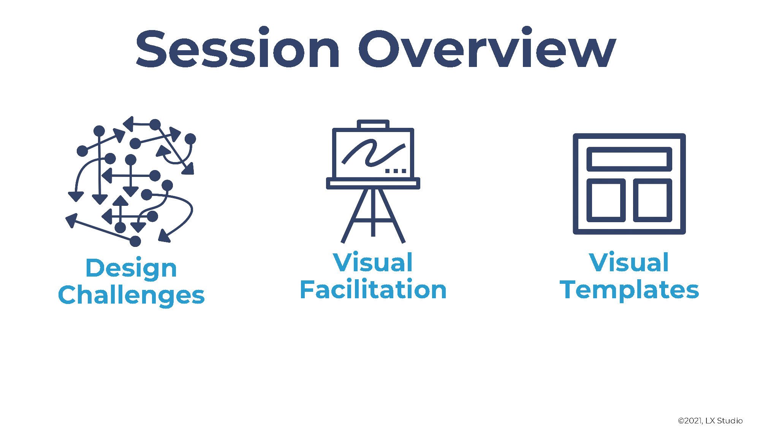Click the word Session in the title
[238, 48]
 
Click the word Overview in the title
[487, 48]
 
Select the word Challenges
[131, 295]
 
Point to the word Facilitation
[373, 290]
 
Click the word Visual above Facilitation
[373, 262]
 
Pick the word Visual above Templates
[629, 262]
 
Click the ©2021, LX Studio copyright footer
[710, 420]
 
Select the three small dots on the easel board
[396, 170]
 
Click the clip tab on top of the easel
[373, 124]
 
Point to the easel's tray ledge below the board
[373, 183]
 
